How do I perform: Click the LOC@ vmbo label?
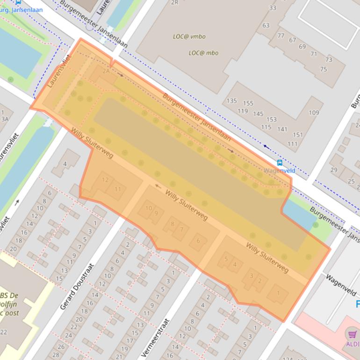(189, 36)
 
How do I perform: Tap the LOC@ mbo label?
(203, 53)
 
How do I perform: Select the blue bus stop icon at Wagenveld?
(280, 163)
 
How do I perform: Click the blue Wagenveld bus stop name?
(280, 171)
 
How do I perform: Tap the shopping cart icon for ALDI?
(351, 334)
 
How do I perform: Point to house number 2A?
(106, 71)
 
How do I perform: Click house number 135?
(231, 101)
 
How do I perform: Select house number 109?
(314, 113)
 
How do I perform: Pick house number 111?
(293, 144)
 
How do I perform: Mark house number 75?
(324, 69)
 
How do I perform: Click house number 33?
(273, 8)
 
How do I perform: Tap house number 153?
(272, 120)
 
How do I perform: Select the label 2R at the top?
(175, 3)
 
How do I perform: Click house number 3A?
(5, 119)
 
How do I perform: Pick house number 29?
(334, 170)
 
